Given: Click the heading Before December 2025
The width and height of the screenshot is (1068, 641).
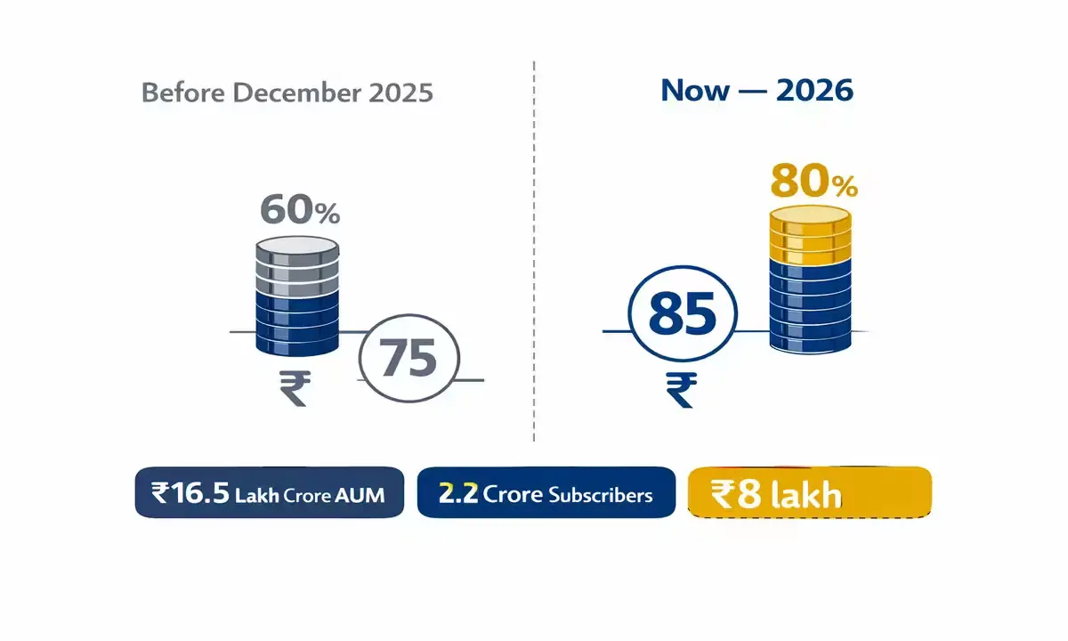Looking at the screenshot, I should click(287, 93).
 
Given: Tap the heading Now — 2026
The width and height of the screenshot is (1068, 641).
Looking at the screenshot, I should click(756, 90).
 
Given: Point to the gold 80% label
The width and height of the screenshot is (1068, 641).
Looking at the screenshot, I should click(813, 183).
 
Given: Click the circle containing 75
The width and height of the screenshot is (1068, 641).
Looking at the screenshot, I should click(409, 360).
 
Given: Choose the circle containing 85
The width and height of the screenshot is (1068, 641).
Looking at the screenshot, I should click(683, 316).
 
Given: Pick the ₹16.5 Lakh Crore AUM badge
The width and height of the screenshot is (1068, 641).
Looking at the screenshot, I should click(270, 492).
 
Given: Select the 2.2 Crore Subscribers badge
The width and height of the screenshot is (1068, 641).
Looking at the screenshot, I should click(546, 492).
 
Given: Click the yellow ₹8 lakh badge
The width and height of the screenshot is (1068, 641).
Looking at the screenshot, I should click(809, 492).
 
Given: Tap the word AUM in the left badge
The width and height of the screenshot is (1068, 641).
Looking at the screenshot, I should click(360, 495).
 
